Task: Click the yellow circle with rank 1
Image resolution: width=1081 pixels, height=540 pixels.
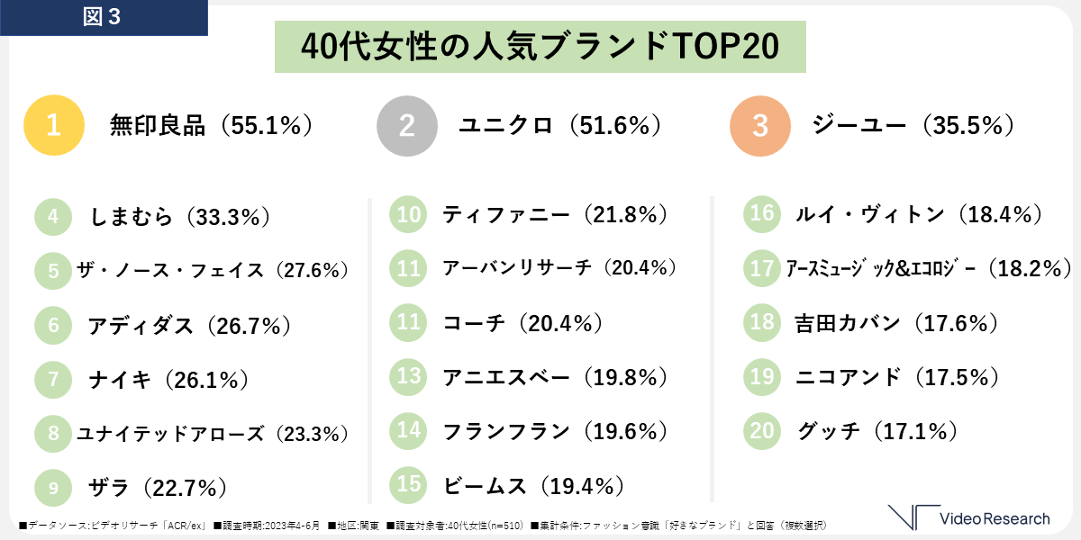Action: point(53,126)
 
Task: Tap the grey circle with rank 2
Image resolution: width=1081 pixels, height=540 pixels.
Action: point(406,126)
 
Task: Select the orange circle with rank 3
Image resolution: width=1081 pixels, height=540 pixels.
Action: point(759,126)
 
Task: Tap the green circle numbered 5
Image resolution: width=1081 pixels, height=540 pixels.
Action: point(53,270)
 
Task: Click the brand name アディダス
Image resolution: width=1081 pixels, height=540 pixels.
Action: point(141,325)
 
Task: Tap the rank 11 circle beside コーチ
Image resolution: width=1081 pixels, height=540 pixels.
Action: point(409,322)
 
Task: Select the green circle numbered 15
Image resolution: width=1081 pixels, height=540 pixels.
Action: point(409,484)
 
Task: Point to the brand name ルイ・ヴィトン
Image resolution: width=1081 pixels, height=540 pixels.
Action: point(869,214)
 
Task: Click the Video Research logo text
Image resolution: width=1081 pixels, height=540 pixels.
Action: point(994,518)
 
